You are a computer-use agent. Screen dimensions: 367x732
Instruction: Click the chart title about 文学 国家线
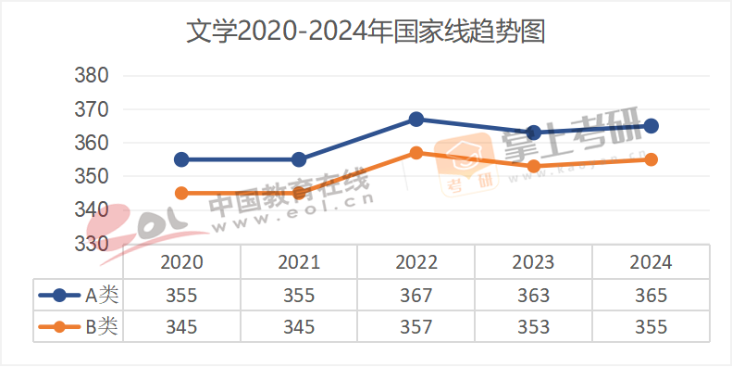pos(366,32)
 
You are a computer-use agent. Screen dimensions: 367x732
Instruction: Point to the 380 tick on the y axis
pos(91,76)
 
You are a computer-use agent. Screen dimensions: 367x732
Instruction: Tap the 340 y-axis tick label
pos(91,210)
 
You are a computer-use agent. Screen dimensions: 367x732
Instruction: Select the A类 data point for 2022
pos(416,120)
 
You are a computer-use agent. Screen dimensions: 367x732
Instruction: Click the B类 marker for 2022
pos(416,153)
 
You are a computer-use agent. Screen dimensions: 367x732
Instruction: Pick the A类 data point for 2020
pos(181,159)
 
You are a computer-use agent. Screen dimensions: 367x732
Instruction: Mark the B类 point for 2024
pos(651,159)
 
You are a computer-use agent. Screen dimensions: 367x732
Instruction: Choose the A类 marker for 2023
pos(534,133)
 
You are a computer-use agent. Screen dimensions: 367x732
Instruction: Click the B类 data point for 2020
pos(181,193)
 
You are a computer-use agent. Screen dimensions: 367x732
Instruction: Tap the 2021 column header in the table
pos(299,262)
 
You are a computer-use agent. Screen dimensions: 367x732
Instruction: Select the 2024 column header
pos(651,262)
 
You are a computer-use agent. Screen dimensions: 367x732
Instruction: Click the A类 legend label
pos(102,296)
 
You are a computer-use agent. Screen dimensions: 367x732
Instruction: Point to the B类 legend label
pos(102,326)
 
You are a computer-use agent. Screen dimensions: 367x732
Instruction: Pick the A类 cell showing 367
pos(416,296)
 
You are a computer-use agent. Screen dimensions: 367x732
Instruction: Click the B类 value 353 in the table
pos(534,327)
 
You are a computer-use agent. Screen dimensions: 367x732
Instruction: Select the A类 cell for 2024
pos(651,296)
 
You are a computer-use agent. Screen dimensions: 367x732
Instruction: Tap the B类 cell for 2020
pos(181,327)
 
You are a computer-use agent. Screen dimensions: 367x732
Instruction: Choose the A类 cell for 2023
pos(534,296)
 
